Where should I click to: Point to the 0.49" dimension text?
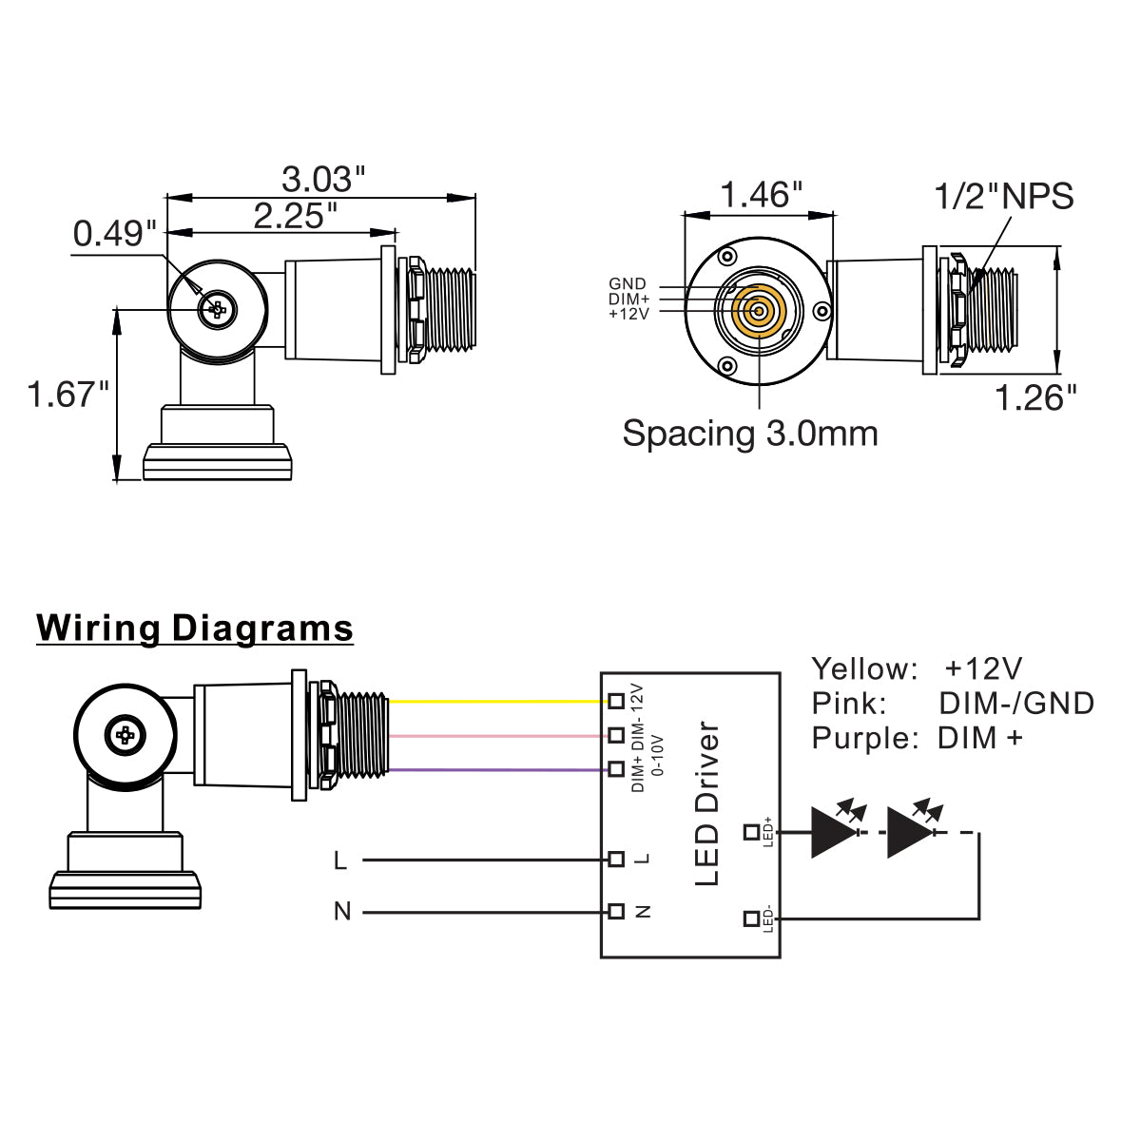tap(115, 234)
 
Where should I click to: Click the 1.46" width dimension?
tap(762, 195)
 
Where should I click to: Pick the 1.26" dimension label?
tap(1036, 397)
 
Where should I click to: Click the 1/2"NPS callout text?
tap(1004, 196)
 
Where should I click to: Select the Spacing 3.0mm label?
tap(750, 434)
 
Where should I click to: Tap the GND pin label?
tap(628, 284)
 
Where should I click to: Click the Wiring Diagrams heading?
tap(195, 629)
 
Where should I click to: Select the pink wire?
tap(494, 735)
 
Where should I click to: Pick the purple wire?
tap(494, 769)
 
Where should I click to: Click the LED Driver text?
tap(707, 804)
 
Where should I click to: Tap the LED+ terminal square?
tap(751, 833)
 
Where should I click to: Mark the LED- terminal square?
tap(751, 919)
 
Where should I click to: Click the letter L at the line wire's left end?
tap(340, 861)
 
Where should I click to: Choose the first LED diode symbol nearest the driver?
tap(832, 832)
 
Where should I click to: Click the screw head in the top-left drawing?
tap(218, 308)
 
